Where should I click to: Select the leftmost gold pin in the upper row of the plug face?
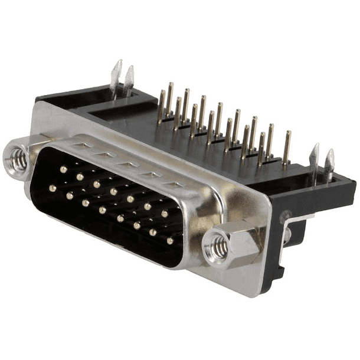[x=63, y=169]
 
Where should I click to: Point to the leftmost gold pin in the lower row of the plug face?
[x=53, y=188]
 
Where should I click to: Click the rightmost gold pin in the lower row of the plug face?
[x=170, y=241]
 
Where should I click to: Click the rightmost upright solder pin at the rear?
[x=287, y=148]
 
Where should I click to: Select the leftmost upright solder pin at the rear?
[x=161, y=106]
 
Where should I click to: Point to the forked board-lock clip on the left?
[x=122, y=80]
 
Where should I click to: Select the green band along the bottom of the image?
[x=180, y=330]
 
